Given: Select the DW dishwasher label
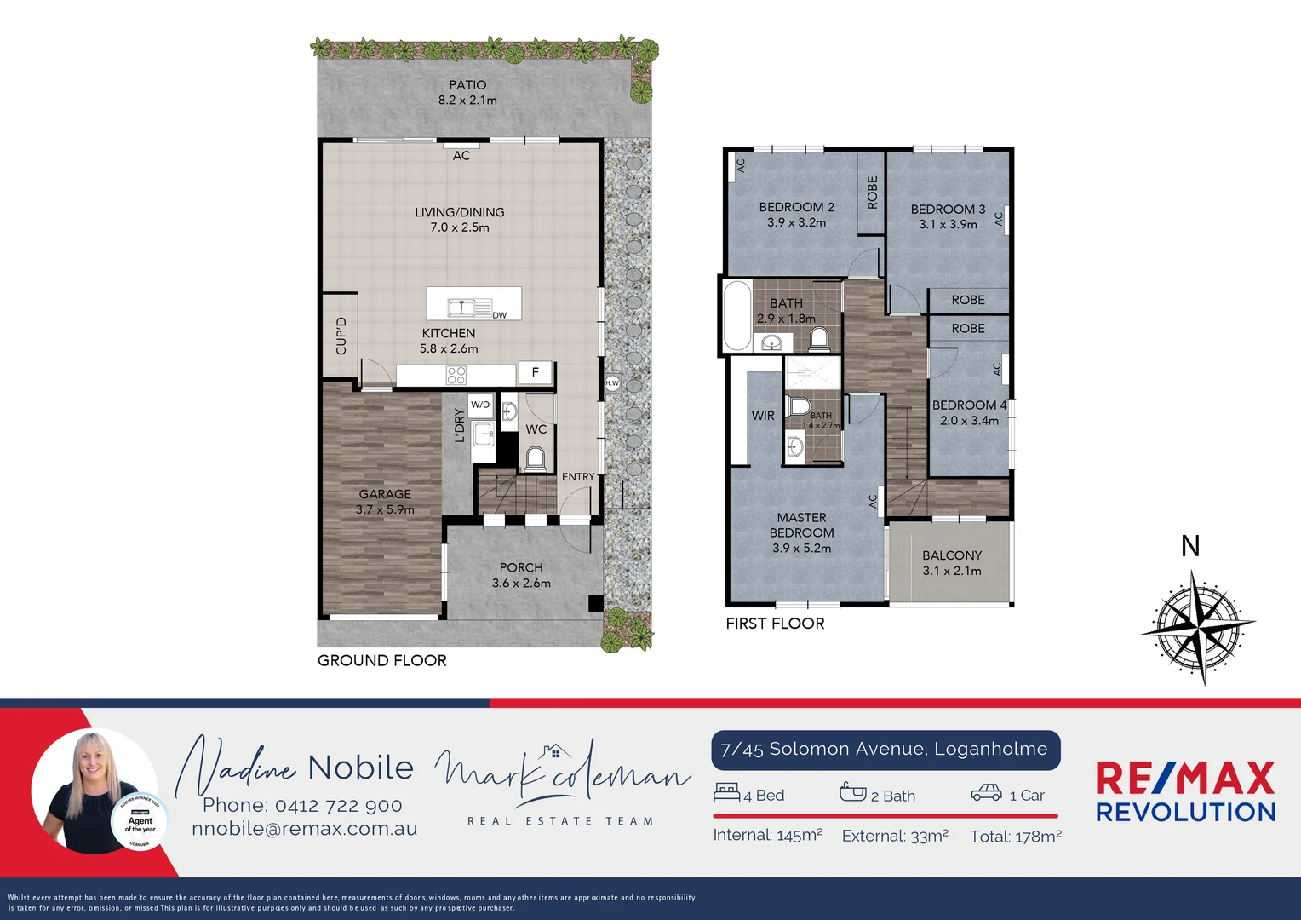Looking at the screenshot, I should pos(499,315).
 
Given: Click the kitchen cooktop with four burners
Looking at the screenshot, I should pos(456,375).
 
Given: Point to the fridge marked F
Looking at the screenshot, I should pos(535,372).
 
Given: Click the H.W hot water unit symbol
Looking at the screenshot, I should pos(612,383).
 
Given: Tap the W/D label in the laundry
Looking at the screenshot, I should pos(480,405).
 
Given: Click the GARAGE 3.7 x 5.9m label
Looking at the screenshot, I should pos(385,502).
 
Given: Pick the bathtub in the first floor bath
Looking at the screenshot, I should pos(736,315).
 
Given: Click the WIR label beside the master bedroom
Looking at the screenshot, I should pos(763,416).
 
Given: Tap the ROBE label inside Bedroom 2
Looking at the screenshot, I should pos(872,193).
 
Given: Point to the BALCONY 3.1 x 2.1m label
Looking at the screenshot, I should pos(952,563).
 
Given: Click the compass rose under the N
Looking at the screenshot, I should pos(1197,628).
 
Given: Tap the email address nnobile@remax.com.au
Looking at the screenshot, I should pos(305,829).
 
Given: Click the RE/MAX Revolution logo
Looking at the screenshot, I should pos(1185,792).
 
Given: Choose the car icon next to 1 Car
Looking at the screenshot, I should pos(987,793).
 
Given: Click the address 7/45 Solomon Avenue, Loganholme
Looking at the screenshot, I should pos(884,749).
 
